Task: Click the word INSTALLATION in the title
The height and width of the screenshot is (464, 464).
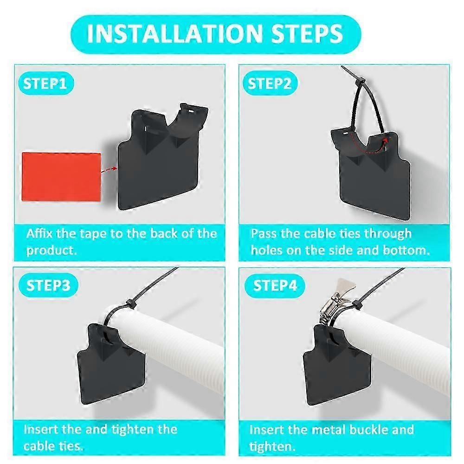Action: [172, 33]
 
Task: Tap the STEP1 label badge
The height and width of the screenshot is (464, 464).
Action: [45, 84]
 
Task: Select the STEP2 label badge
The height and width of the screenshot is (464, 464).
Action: [270, 84]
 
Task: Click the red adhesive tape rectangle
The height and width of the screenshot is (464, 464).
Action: [61, 177]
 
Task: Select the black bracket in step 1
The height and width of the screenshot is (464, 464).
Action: [158, 162]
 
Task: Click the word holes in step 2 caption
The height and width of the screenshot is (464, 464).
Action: [268, 250]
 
